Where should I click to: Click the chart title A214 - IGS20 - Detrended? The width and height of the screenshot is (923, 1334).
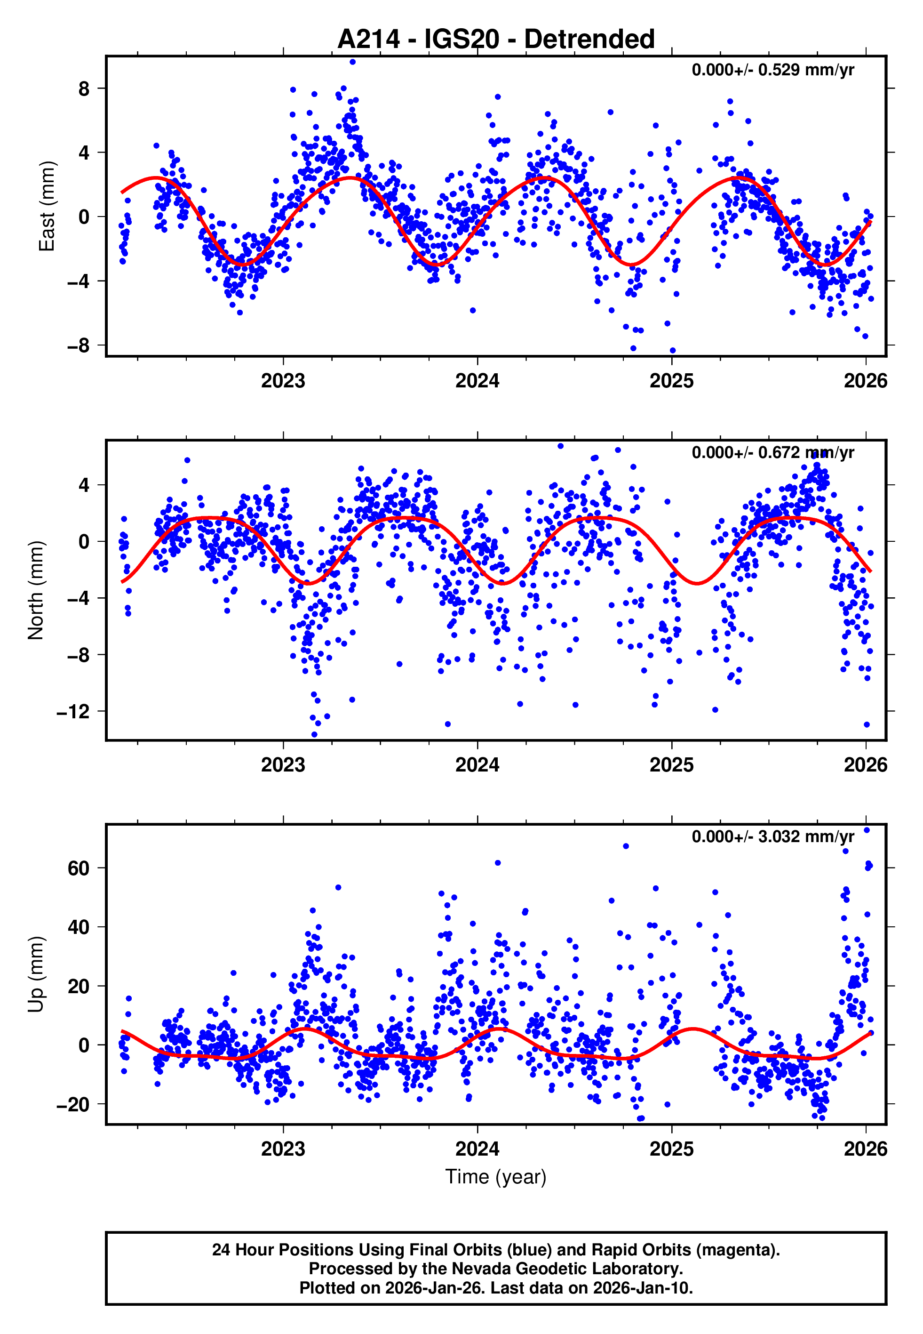[496, 40]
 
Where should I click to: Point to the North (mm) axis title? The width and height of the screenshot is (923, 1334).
[36, 590]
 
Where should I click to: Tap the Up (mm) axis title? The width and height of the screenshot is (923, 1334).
[36, 974]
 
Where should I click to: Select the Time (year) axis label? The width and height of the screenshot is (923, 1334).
[496, 1177]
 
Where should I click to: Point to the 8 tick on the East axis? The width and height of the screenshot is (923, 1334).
[84, 88]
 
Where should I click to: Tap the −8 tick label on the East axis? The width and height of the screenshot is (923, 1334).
[79, 346]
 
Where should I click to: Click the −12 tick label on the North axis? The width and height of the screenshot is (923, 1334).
[73, 712]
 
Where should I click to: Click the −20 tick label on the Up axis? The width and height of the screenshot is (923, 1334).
[73, 1104]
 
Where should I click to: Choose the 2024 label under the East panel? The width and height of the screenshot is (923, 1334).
[477, 381]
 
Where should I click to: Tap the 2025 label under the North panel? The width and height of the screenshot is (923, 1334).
[671, 765]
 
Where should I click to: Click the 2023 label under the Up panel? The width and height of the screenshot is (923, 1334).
[283, 1149]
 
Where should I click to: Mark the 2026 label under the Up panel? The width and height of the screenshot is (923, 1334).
[865, 1149]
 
